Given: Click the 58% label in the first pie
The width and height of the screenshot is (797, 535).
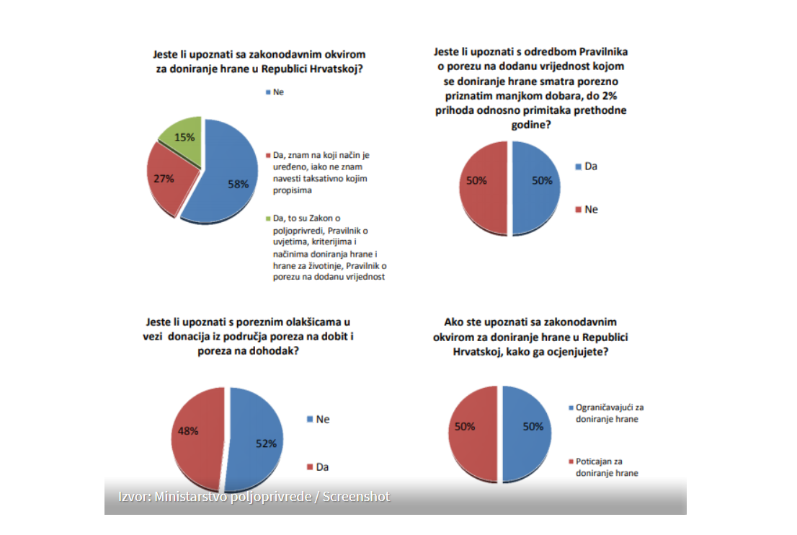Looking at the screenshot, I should coord(239,184).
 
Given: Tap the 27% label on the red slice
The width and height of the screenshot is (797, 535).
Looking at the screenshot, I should coord(164,178).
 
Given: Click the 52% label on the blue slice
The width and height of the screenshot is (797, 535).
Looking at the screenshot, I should coord(266,443).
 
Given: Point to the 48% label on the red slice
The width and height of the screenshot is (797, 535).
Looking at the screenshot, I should coord(189,430).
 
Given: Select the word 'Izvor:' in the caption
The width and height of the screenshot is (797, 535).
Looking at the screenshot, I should coord(135,497).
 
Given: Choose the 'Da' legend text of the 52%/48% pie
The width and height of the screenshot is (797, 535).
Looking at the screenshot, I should coord(322,467).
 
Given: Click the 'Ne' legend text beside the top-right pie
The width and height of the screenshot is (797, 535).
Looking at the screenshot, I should coord(591,209).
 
